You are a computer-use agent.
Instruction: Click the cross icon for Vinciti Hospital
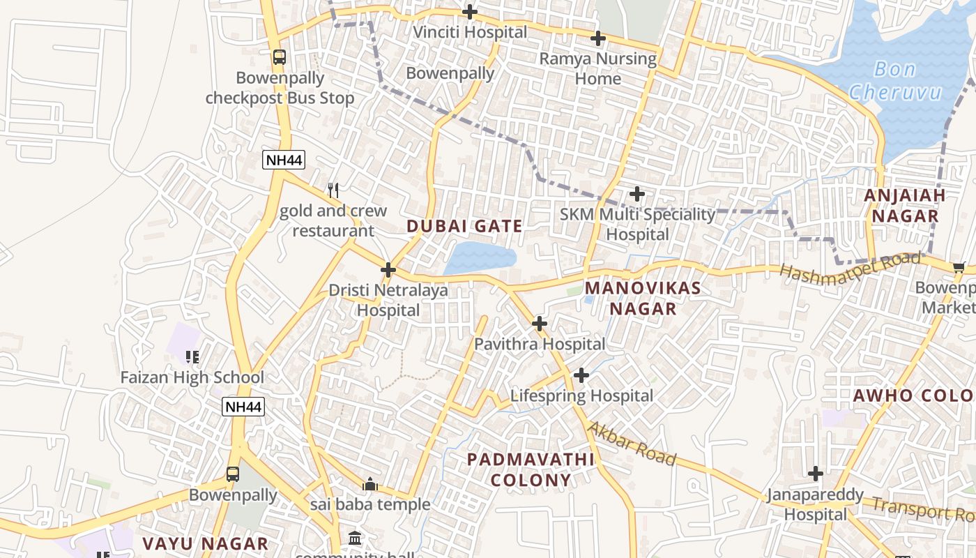pyautogui.click(x=470, y=12)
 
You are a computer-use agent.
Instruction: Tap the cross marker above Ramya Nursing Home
pyautogui.click(x=597, y=38)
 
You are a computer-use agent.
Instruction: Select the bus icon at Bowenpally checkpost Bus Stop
pyautogui.click(x=280, y=57)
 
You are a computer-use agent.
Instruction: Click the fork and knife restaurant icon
pyautogui.click(x=333, y=190)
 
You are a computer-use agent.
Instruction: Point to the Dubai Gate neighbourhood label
pyautogui.click(x=464, y=226)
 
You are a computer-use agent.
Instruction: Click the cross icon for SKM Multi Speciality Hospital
pyautogui.click(x=637, y=194)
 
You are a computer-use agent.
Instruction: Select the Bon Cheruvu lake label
pyautogui.click(x=895, y=81)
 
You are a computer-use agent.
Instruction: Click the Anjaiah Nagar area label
pyautogui.click(x=905, y=205)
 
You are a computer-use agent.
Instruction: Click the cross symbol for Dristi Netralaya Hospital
pyautogui.click(x=388, y=270)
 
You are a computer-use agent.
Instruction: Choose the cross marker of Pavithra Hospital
pyautogui.click(x=539, y=324)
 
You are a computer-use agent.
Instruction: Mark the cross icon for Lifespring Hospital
pyautogui.click(x=581, y=375)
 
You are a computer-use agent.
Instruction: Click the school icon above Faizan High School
pyautogui.click(x=192, y=357)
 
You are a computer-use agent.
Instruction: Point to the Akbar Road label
pyautogui.click(x=632, y=443)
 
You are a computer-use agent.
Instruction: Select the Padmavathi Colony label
pyautogui.click(x=531, y=469)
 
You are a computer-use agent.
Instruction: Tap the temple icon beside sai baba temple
pyautogui.click(x=369, y=483)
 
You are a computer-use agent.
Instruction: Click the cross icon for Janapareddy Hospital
pyautogui.click(x=815, y=474)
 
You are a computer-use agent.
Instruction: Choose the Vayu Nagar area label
pyautogui.click(x=205, y=543)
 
